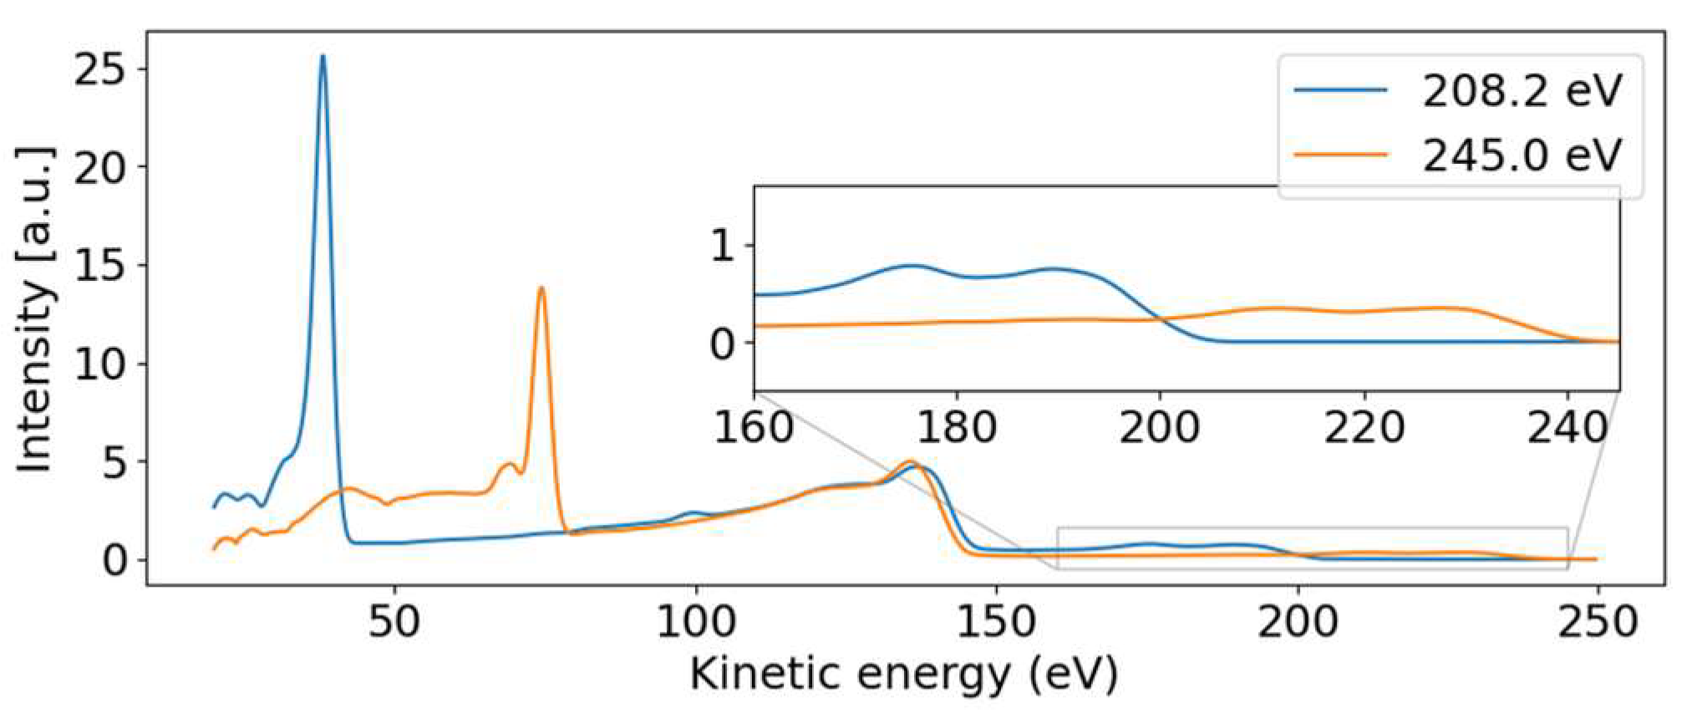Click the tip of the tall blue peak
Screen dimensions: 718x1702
[323, 57]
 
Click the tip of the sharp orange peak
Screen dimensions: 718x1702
[541, 288]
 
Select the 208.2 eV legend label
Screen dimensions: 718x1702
[1522, 91]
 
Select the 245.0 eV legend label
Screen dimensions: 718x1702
[1522, 155]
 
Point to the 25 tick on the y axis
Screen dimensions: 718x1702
[99, 69]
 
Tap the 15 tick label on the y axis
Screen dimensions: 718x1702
[99, 266]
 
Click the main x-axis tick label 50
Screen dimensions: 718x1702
[394, 623]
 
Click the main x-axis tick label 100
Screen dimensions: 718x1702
[695, 623]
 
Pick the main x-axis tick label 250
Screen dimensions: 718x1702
[1598, 623]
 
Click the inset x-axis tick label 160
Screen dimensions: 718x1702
[754, 428]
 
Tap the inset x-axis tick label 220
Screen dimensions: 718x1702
[1364, 428]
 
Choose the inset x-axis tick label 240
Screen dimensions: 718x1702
[1567, 428]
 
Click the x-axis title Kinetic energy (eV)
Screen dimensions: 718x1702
[903, 674]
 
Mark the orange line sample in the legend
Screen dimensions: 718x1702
[1340, 155]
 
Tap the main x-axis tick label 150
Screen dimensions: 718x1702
[996, 623]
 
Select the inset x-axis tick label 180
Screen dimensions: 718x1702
[957, 428]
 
